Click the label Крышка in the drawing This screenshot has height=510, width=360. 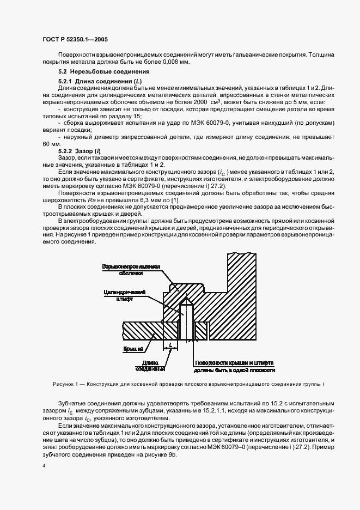[x=132, y=347]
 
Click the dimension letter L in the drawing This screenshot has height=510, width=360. [x=170, y=345]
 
